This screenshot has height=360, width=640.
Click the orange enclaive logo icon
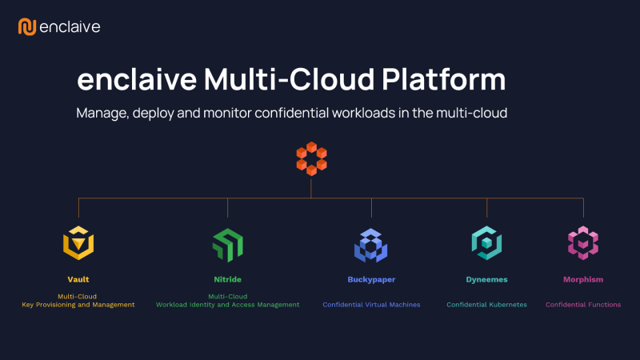27,26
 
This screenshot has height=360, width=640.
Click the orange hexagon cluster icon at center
311,158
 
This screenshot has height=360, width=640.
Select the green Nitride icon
227,244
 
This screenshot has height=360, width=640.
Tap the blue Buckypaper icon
371,244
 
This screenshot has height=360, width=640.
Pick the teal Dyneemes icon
486,244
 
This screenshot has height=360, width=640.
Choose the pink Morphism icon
583,244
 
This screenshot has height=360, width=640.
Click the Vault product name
78,279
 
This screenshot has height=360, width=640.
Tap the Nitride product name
227,279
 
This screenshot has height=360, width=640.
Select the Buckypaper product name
371,279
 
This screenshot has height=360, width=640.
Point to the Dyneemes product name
486,279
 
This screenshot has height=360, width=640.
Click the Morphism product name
583,279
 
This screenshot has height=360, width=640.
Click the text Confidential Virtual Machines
371,305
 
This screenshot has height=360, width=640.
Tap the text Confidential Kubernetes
486,305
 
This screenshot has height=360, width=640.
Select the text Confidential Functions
583,305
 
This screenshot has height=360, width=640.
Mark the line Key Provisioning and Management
78,305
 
